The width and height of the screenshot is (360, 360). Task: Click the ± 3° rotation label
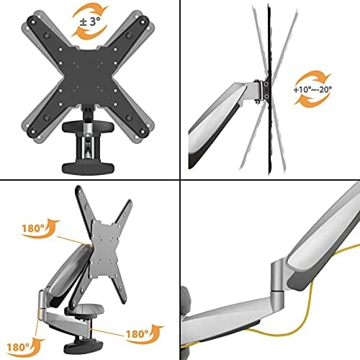click(x=90, y=22)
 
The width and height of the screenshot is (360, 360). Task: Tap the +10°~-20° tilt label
click(x=312, y=89)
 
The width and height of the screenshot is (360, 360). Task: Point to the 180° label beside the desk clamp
click(x=137, y=333)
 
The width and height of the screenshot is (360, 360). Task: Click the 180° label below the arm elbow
click(x=18, y=347)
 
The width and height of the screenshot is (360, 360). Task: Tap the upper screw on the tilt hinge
click(x=266, y=84)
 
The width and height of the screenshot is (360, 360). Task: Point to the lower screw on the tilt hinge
click(x=266, y=96)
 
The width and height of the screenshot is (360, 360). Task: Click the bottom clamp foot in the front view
click(x=88, y=168)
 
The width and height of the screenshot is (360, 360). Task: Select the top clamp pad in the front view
click(x=88, y=127)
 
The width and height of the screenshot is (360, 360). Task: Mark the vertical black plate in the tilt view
click(x=270, y=89)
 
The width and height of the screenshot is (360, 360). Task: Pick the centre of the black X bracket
click(x=88, y=75)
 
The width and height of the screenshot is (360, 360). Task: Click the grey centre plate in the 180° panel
click(x=104, y=250)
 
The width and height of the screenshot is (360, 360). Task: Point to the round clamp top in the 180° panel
click(x=90, y=310)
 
